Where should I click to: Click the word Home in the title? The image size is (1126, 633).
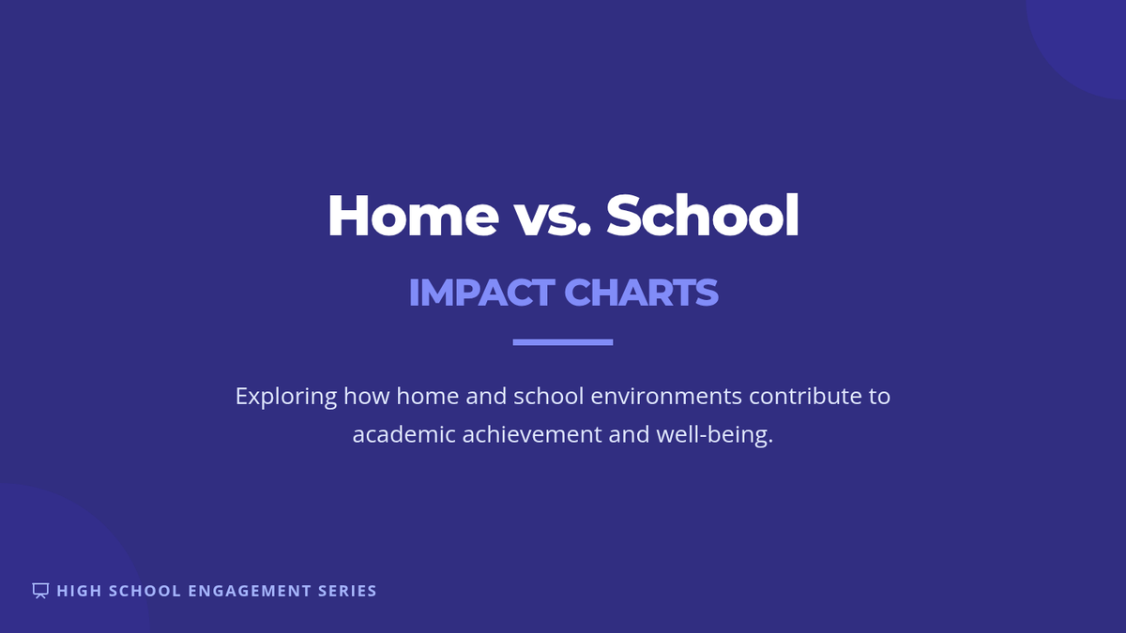[x=413, y=216]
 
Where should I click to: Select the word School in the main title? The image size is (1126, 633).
[x=702, y=215]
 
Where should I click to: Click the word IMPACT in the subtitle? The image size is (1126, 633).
[x=481, y=292]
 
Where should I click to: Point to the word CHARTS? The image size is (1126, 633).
[x=642, y=292]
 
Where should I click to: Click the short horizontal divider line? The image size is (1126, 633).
[x=562, y=342]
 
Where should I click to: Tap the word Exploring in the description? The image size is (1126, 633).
[x=286, y=397]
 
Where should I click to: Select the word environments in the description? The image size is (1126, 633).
[x=666, y=396]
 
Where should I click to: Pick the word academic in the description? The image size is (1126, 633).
[x=403, y=434]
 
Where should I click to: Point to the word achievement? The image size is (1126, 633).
[x=532, y=434]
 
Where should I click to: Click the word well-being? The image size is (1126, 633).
[x=714, y=435]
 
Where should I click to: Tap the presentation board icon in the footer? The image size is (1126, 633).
[x=40, y=590]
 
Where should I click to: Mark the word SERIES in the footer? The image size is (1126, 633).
[x=347, y=591]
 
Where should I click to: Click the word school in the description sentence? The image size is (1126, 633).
[x=548, y=396]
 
